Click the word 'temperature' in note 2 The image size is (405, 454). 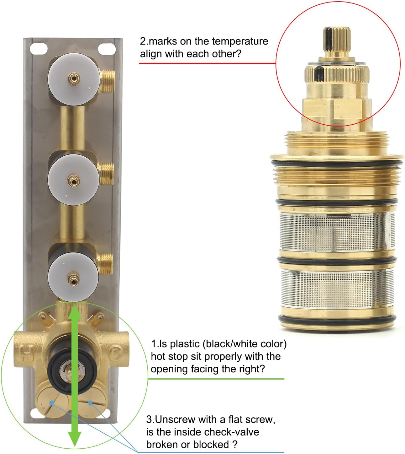coord(240,41)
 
